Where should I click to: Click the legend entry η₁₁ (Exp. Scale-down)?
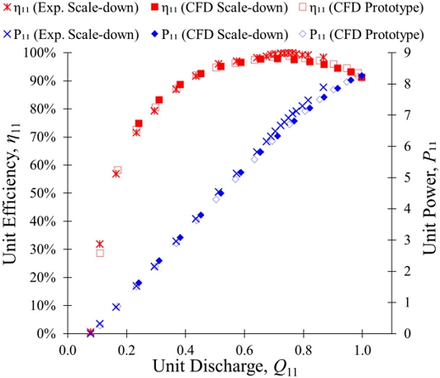(x=70, y=8)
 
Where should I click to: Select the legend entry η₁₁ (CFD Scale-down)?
(x=219, y=8)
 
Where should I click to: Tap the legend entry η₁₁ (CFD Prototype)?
(x=361, y=8)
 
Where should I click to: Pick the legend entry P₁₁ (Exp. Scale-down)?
(x=70, y=34)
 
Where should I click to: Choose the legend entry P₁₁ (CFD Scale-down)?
(x=219, y=34)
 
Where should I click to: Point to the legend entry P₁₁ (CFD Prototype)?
(x=361, y=34)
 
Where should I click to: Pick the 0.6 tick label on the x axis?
(x=244, y=350)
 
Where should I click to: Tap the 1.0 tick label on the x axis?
(x=362, y=350)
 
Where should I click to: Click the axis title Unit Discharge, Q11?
(x=226, y=367)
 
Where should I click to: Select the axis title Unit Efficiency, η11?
(x=10, y=193)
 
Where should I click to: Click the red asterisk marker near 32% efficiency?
(x=99, y=244)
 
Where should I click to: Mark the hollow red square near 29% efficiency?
(x=100, y=253)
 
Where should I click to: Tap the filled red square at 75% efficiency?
(x=139, y=124)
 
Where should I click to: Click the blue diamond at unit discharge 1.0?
(x=361, y=75)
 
